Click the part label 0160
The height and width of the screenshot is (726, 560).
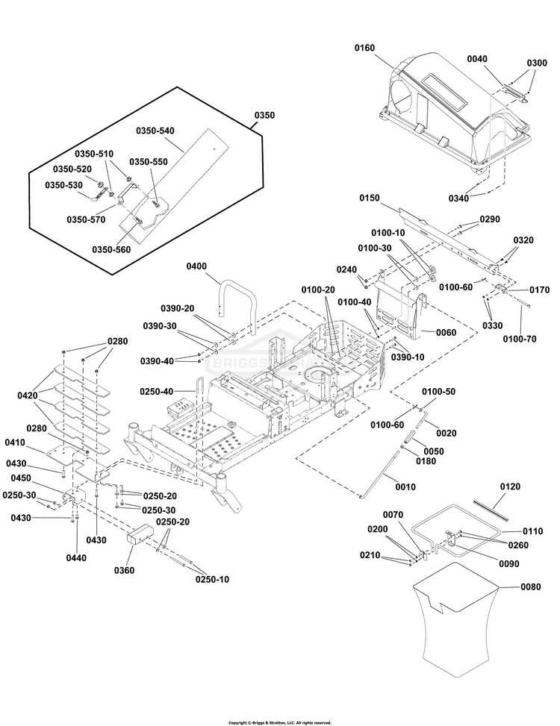click(x=364, y=48)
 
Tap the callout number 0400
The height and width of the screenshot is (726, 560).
click(x=198, y=266)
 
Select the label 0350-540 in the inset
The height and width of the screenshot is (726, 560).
click(x=155, y=131)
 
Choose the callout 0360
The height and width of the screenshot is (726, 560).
click(x=125, y=570)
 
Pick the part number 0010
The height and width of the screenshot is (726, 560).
click(x=405, y=486)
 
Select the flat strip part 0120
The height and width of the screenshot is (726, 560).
click(x=489, y=510)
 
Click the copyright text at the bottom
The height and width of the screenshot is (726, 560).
click(x=279, y=722)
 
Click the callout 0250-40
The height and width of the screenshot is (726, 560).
click(x=158, y=391)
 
